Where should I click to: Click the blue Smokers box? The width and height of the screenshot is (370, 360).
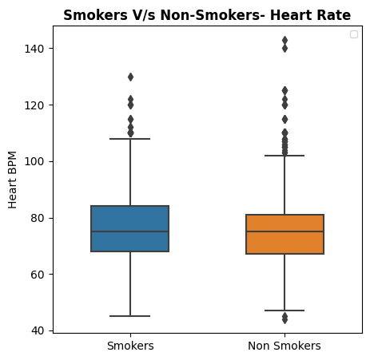coord(130,228)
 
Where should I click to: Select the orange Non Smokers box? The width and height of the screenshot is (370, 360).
coord(284,234)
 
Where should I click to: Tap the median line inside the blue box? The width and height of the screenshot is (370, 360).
coord(130,231)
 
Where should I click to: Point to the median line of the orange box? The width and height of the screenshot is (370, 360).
coord(284,231)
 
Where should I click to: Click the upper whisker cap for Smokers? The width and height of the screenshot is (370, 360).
coord(130,139)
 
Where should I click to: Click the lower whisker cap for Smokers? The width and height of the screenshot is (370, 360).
coord(130,316)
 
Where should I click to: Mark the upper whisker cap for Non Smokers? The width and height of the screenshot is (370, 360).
coord(284,156)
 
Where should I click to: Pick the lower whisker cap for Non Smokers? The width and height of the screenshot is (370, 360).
coord(284,311)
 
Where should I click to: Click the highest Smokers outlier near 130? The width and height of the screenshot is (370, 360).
coord(130,77)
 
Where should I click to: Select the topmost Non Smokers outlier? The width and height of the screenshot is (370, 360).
coord(284,41)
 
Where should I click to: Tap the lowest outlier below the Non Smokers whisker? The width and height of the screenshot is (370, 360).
coord(284,320)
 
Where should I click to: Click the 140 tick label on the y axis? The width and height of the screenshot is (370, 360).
coord(34,49)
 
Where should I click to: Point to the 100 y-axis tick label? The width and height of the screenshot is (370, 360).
coord(34,161)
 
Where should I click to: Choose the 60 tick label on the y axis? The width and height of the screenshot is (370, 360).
coord(38,275)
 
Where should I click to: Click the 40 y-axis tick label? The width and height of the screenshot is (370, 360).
coord(38,330)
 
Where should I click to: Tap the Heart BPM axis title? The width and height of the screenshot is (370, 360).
coord(12,180)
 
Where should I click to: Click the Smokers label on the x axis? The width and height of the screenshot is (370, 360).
coord(130,346)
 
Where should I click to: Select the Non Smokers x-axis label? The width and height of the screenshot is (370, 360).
coord(284,346)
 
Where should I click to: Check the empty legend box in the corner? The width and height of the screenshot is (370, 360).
coord(354,34)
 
